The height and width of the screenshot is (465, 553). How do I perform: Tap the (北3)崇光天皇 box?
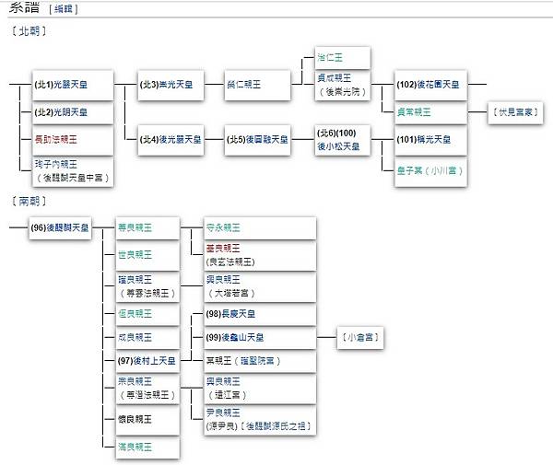point(170,85)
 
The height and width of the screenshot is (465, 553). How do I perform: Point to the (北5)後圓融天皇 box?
point(259,140)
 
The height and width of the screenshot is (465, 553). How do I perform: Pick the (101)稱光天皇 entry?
point(425,140)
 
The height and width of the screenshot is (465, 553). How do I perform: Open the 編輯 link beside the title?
point(64,9)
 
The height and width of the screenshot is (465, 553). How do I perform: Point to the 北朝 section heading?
point(31,31)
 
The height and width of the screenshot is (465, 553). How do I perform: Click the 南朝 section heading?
point(31,201)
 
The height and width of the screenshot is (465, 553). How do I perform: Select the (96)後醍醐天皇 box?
point(61,227)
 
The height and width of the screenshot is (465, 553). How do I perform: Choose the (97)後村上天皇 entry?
point(147,361)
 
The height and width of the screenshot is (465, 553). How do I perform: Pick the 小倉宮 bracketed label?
point(360,338)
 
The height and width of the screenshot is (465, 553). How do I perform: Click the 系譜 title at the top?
point(22,8)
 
